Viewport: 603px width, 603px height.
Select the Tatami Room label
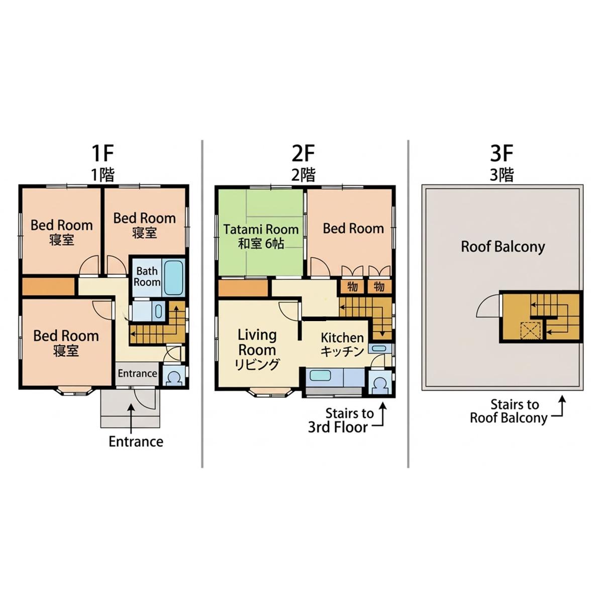coord(261,229)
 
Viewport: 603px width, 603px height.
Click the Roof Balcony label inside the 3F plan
coord(503,247)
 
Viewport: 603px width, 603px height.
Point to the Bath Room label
coord(147,276)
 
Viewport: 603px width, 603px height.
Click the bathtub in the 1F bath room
coord(174,277)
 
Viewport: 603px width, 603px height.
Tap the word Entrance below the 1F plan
coord(136,442)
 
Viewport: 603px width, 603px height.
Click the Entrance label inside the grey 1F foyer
coord(137,373)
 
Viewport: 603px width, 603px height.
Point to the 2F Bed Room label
coord(353,229)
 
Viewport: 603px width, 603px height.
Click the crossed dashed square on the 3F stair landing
coord(531,330)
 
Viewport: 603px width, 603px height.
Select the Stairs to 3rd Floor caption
coord(342,420)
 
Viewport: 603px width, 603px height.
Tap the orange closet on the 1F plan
coord(49,286)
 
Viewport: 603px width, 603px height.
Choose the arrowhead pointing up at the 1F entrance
coord(131,407)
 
